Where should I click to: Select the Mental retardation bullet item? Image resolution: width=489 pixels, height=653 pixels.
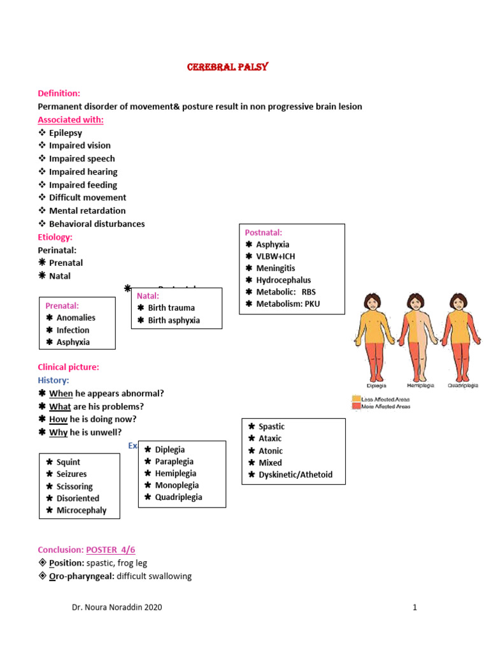point(87,210)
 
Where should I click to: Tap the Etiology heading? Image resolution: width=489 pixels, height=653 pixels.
point(55,237)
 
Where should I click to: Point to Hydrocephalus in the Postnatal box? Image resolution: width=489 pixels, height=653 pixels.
point(283,280)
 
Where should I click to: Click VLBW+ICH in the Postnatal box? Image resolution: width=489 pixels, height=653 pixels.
point(276,256)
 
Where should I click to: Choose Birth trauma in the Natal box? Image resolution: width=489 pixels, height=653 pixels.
point(171,308)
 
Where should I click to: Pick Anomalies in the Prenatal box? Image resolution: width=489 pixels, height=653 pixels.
point(76,318)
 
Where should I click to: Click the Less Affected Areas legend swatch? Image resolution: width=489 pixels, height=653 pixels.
point(356,399)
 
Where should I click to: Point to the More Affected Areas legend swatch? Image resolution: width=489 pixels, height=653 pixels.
point(356,406)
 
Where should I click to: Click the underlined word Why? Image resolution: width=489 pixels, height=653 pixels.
point(59,432)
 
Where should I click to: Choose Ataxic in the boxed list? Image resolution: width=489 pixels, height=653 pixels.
point(270,438)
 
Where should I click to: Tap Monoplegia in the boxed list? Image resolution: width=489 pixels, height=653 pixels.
point(177,485)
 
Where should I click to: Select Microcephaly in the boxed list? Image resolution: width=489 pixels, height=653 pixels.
point(81,510)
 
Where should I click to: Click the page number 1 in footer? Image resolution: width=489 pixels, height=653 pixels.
point(415,607)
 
